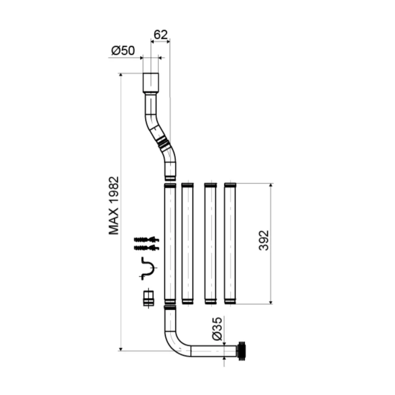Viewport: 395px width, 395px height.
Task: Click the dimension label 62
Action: pos(160,35)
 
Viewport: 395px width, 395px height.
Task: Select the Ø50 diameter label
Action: pos(123,51)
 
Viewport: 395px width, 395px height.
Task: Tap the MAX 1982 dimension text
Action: pos(114,205)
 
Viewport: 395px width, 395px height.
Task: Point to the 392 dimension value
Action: pos(264,240)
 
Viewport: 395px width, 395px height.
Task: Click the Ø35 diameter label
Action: pos(217,329)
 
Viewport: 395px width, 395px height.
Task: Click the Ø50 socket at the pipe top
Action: pos(150,83)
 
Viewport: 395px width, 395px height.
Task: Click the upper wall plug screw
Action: pos(147,239)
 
